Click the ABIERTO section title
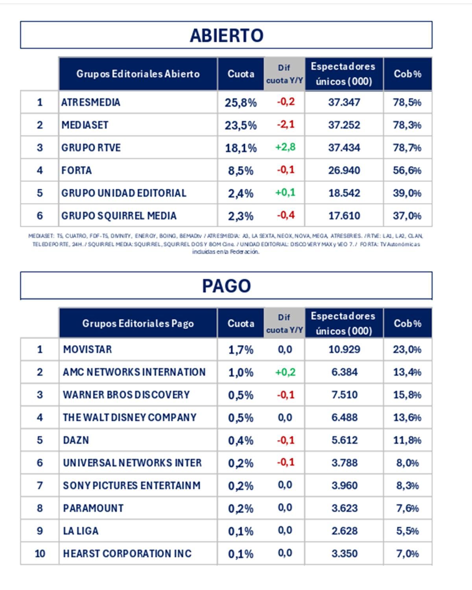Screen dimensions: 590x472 click(x=226, y=35)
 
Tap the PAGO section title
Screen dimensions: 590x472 click(x=226, y=286)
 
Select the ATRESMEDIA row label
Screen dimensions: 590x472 click(x=91, y=102)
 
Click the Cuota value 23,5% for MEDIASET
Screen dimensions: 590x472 click(x=240, y=125)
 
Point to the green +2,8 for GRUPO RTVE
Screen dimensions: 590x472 click(x=285, y=147)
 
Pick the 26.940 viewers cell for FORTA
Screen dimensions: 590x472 click(x=344, y=170)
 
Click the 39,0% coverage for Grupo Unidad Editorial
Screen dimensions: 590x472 click(x=407, y=193)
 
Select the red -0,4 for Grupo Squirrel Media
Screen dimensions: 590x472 click(x=286, y=216)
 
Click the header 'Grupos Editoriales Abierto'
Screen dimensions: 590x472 click(x=138, y=74)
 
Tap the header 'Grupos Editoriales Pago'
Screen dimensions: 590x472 click(x=138, y=323)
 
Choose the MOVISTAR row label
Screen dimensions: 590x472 click(x=87, y=349)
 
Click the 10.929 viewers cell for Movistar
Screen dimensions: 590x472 click(x=344, y=349)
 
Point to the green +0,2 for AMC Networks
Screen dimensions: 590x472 click(x=285, y=372)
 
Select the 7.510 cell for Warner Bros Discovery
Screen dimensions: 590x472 click(x=344, y=395)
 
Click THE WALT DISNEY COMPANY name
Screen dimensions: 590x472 click(x=129, y=417)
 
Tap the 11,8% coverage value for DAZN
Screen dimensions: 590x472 click(x=407, y=440)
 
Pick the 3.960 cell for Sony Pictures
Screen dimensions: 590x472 click(x=344, y=485)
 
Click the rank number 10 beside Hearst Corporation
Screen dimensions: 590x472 click(x=40, y=553)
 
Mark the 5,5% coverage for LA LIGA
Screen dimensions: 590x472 click(x=407, y=531)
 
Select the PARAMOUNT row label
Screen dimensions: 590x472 click(x=93, y=508)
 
